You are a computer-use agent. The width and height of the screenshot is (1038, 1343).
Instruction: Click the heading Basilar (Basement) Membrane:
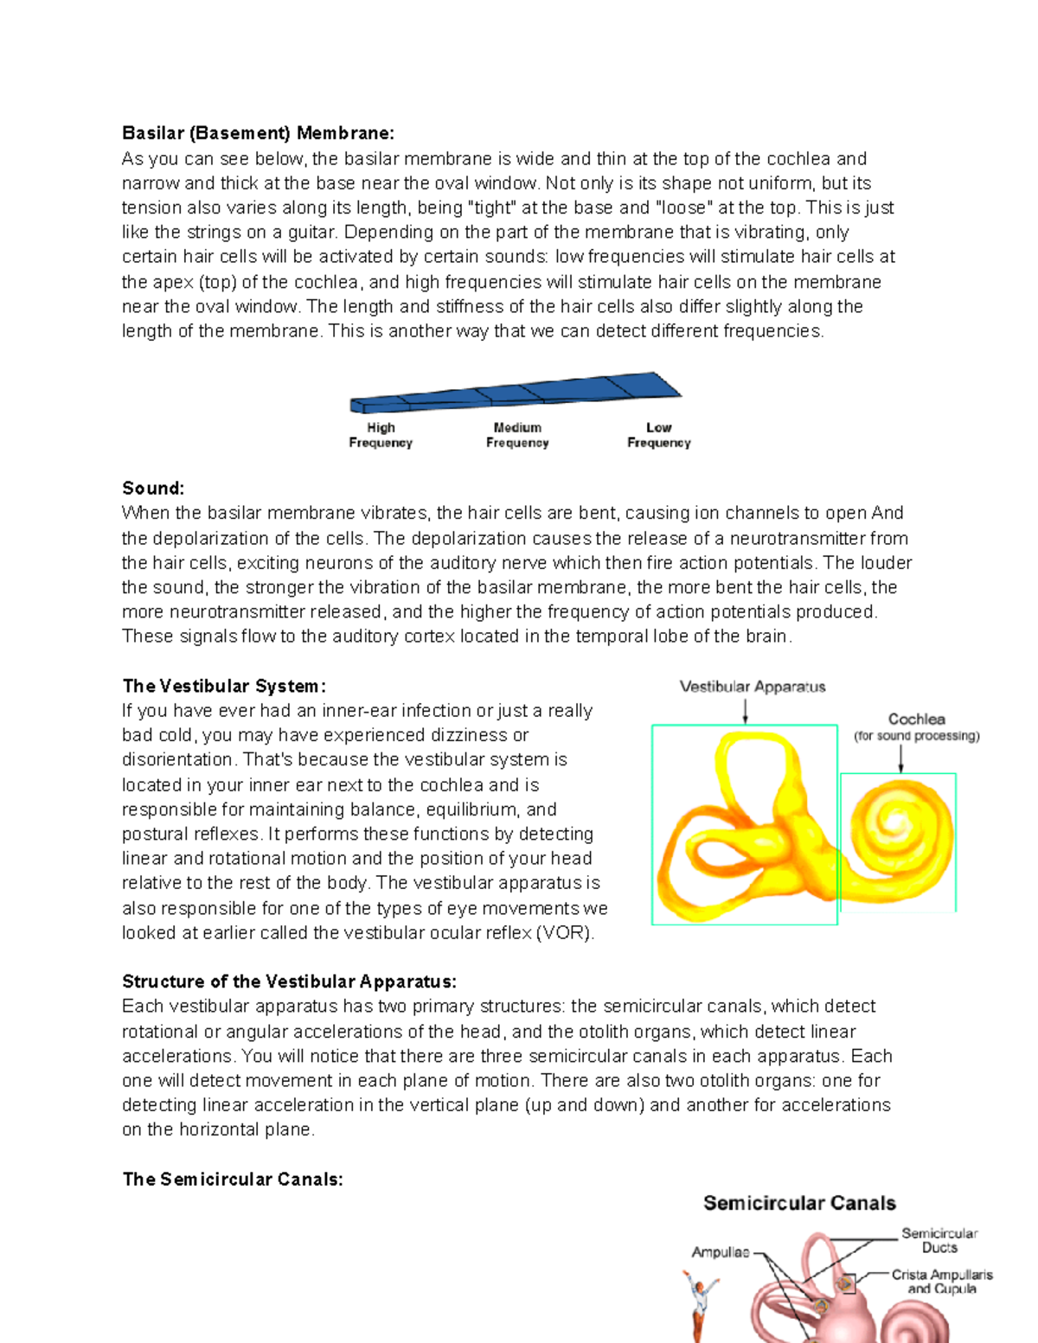[258, 133]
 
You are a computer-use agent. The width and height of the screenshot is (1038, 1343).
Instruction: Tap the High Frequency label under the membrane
[381, 435]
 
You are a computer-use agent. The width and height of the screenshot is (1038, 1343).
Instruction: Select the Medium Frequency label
[517, 435]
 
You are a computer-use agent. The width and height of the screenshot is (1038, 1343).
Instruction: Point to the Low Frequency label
[658, 435]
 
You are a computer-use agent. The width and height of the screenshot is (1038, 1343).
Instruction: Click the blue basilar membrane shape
[519, 392]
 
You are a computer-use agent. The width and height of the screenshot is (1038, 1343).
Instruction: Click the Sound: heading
[153, 488]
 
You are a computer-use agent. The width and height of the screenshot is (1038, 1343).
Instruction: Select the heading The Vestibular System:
[224, 686]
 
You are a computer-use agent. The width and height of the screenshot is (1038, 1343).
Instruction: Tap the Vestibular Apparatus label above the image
[753, 687]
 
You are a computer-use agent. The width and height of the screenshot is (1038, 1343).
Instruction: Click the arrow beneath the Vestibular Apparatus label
[745, 711]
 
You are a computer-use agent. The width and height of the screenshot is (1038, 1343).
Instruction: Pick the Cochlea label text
[916, 719]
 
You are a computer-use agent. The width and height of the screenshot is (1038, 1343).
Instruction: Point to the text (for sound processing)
[916, 736]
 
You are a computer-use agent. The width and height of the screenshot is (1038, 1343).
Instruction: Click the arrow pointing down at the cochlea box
[900, 758]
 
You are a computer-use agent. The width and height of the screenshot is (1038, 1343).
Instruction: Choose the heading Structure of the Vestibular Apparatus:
[289, 982]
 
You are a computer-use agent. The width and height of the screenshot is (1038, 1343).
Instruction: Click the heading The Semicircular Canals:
[233, 1180]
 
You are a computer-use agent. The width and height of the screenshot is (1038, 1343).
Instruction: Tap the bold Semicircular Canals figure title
[799, 1203]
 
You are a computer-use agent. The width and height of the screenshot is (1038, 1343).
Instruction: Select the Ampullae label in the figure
[720, 1252]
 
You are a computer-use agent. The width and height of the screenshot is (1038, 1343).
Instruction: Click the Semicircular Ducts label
[939, 1240]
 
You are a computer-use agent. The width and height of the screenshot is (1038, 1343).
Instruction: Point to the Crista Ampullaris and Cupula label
[942, 1282]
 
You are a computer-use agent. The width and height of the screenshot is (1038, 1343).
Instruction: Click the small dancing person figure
[699, 1306]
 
